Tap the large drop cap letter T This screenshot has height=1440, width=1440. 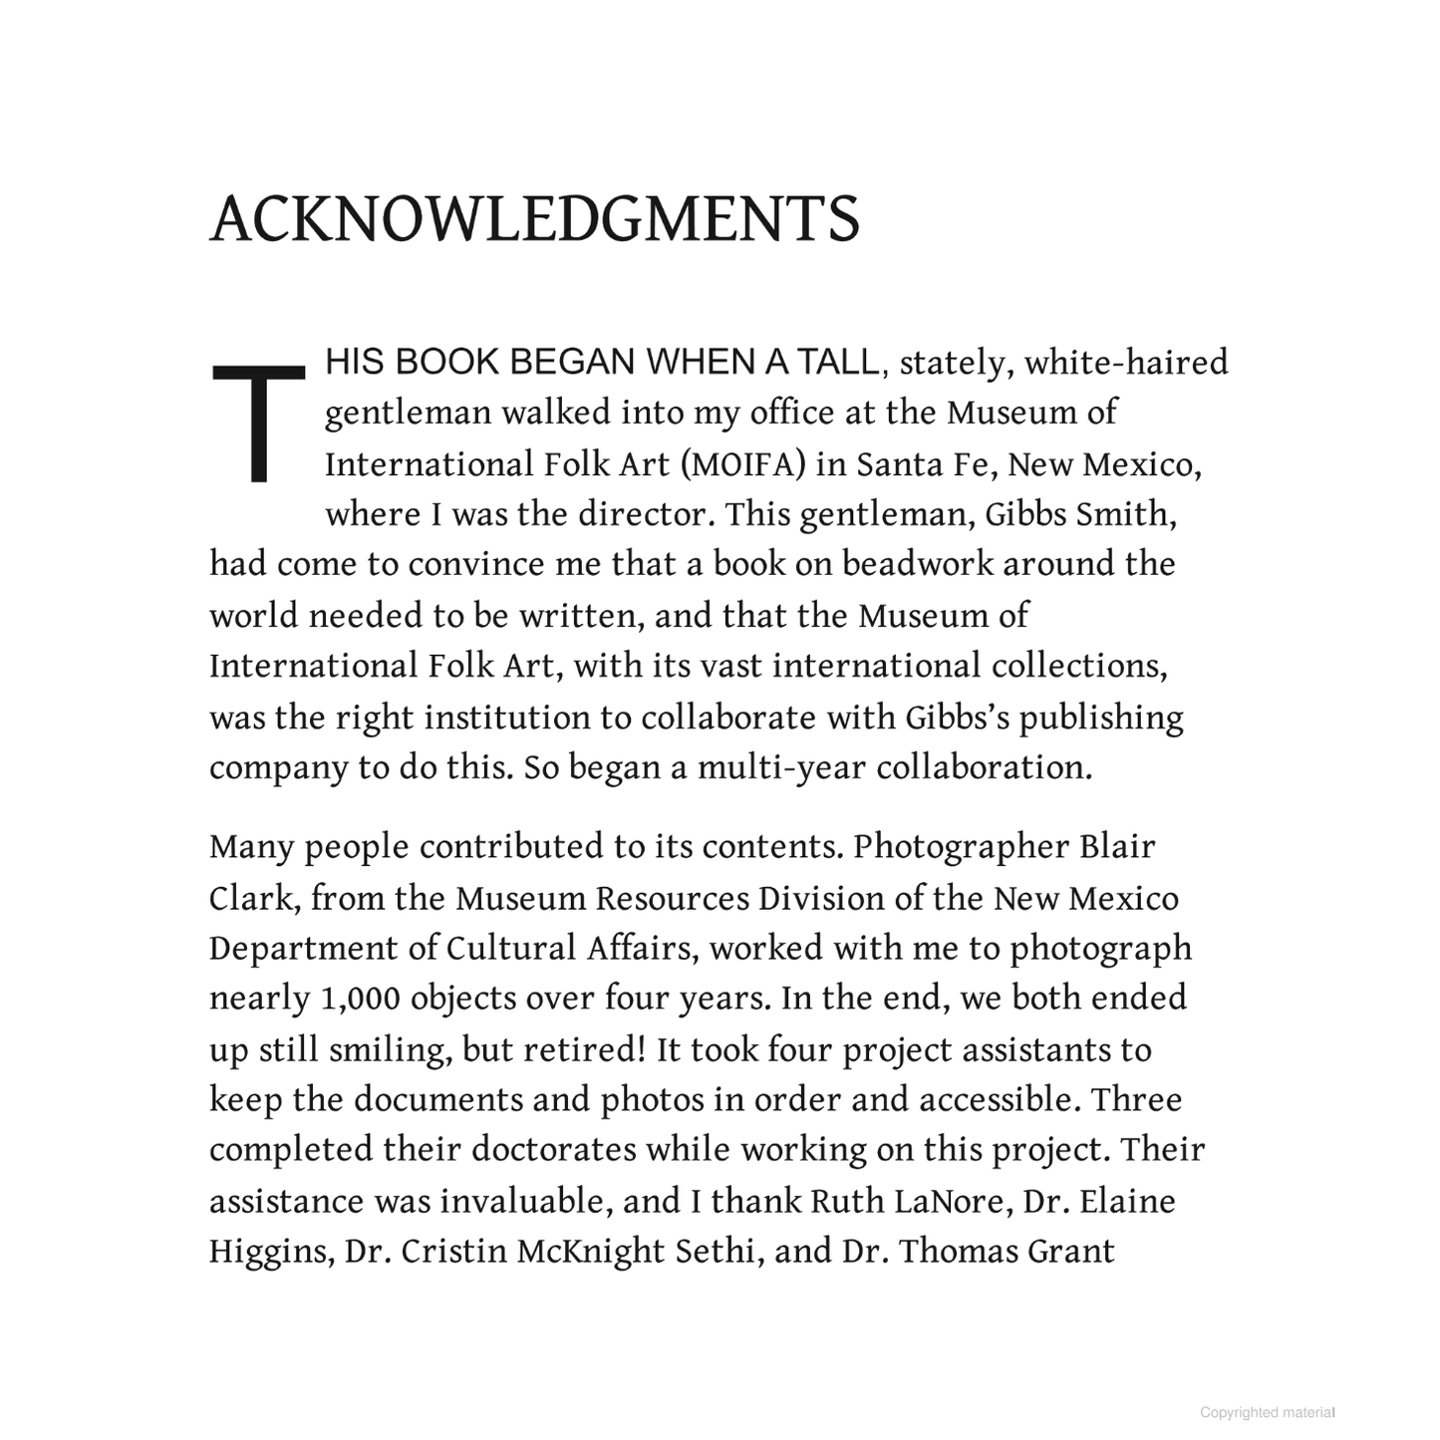pyautogui.click(x=257, y=423)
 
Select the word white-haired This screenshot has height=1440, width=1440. pyautogui.click(x=1126, y=363)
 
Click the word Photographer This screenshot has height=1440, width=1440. pyautogui.click(x=961, y=847)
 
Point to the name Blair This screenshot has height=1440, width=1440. pyautogui.click(x=1117, y=847)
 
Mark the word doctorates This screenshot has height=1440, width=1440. pyautogui.click(x=553, y=1150)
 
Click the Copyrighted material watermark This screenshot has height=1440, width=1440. pyautogui.click(x=1267, y=1412)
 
